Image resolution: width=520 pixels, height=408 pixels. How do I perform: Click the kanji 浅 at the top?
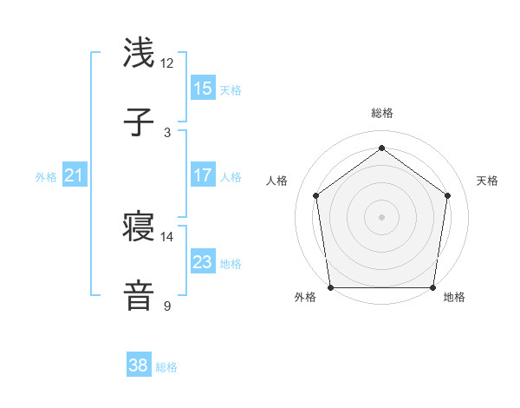click(140, 54)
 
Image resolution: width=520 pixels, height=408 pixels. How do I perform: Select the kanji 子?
click(140, 123)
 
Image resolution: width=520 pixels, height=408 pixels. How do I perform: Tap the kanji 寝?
click(140, 227)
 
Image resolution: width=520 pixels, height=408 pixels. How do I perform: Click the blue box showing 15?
click(203, 89)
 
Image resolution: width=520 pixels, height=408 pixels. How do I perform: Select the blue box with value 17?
click(203, 175)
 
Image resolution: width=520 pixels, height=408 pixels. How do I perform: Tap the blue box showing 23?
click(203, 262)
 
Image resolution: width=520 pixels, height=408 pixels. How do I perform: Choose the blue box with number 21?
click(75, 175)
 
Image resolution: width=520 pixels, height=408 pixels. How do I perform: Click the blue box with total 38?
click(139, 365)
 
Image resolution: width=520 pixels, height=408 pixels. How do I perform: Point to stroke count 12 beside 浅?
click(167, 63)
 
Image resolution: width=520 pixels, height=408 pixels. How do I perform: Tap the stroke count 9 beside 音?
click(167, 306)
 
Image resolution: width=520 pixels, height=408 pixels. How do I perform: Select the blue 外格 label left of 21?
click(46, 176)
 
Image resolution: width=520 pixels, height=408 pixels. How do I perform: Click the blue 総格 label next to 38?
click(166, 367)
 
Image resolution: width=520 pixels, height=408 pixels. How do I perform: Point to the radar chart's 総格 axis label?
click(382, 113)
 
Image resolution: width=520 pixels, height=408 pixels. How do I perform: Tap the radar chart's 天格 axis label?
click(487, 181)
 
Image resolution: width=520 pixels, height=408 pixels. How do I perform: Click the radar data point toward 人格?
click(315, 195)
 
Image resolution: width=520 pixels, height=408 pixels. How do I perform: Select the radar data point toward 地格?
click(433, 287)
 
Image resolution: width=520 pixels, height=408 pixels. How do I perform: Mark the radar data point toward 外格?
click(330, 287)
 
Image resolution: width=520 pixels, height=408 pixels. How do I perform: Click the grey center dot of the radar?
click(382, 216)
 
